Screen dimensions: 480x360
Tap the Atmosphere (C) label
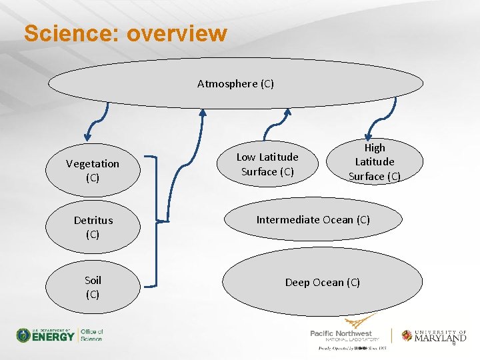[235, 84]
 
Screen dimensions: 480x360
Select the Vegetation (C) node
[93, 171]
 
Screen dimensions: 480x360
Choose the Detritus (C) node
[93, 227]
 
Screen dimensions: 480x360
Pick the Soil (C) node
[93, 287]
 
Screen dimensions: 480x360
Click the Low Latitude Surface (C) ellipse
[267, 164]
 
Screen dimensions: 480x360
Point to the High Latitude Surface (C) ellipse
[374, 162]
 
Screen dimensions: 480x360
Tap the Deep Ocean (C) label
[322, 283]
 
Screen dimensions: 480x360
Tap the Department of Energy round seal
[24, 335]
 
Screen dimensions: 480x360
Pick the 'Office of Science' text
[91, 335]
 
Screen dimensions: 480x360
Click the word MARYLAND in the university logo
[441, 338]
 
